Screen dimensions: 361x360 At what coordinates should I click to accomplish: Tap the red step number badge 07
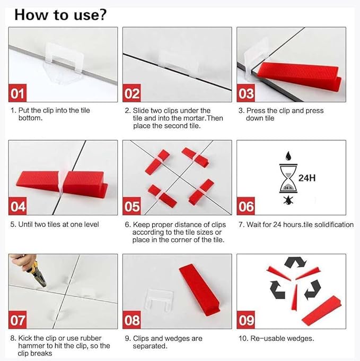coord(19,320)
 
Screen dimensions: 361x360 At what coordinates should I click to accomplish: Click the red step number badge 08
coord(132,320)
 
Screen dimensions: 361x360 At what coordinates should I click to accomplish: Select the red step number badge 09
coord(246,320)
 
